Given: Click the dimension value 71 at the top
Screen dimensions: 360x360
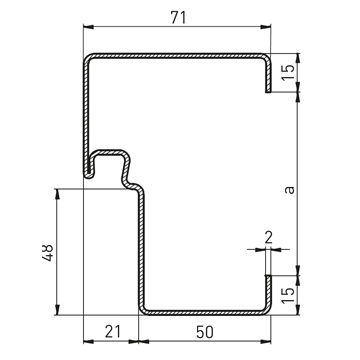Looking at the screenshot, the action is coord(178,18).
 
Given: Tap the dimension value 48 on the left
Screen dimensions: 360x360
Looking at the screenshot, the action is coord(48,253).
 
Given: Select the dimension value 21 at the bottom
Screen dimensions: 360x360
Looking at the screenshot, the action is coord(112,332).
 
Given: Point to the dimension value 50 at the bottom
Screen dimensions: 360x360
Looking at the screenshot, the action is coord(204,332).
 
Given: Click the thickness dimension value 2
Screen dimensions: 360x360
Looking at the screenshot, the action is coord(268,238).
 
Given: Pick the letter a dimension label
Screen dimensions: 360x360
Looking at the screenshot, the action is coord(290,189).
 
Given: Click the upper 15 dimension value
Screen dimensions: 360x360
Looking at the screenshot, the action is coord(289,73).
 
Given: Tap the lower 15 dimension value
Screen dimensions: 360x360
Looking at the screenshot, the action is coord(289,295).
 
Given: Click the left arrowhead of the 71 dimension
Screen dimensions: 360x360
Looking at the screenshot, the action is coord(88,27).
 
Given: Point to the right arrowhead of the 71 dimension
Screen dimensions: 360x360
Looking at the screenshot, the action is coord(266,27).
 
